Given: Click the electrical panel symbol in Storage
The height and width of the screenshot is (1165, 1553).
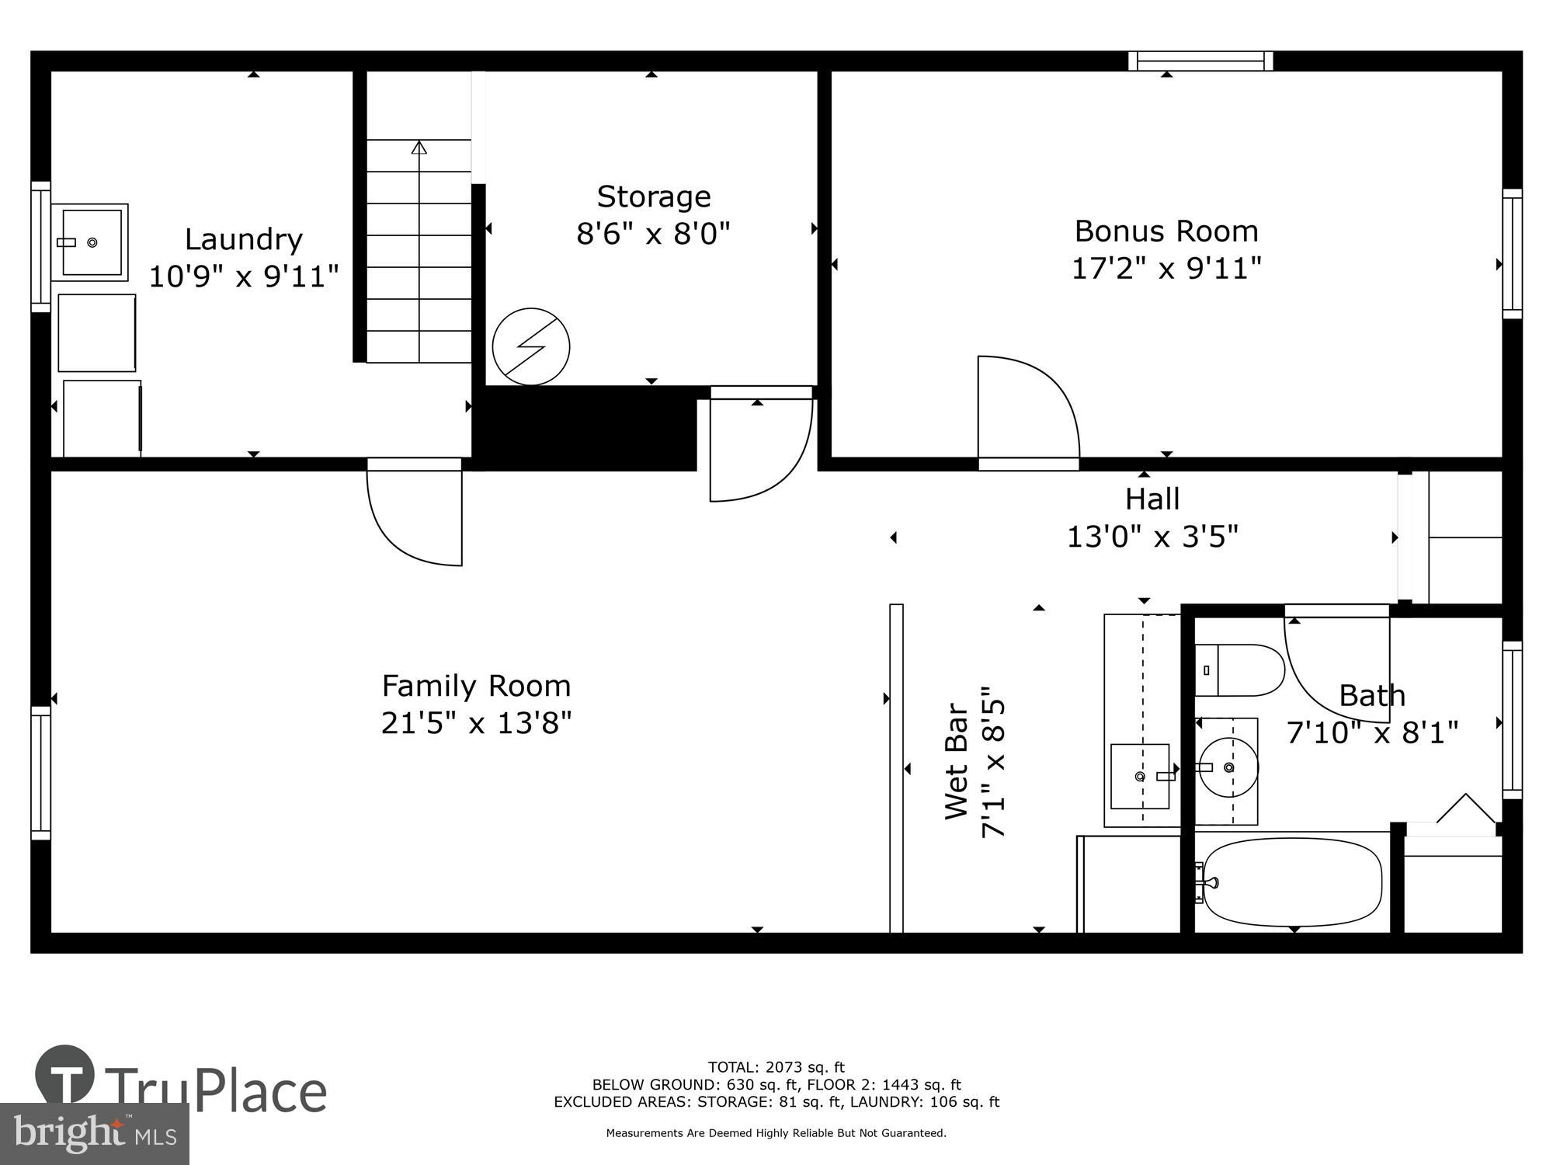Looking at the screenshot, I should (531, 346).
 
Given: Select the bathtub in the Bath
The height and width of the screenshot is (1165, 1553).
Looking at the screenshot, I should (1291, 882).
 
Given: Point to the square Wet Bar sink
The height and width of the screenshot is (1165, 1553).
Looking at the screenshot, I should (1140, 776).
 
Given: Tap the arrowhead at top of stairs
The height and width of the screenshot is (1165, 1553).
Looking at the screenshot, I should (419, 147).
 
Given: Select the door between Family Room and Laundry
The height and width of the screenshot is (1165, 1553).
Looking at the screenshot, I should (415, 513).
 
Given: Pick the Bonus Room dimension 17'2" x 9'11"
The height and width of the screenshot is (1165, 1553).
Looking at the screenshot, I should (1166, 269).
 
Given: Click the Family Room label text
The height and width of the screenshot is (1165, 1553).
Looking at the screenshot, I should (476, 687).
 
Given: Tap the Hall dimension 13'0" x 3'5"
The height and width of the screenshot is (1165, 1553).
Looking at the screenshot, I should (1152, 537).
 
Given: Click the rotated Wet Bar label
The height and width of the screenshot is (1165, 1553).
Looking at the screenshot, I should (957, 761).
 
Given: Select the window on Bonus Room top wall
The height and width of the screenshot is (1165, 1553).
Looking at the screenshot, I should (1200, 61).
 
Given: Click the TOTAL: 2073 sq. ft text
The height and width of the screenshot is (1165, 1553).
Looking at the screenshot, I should (776, 1067).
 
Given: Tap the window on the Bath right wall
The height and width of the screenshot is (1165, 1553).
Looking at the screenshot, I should (1512, 720).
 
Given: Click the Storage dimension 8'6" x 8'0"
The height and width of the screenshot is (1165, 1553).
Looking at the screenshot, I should (653, 233).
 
